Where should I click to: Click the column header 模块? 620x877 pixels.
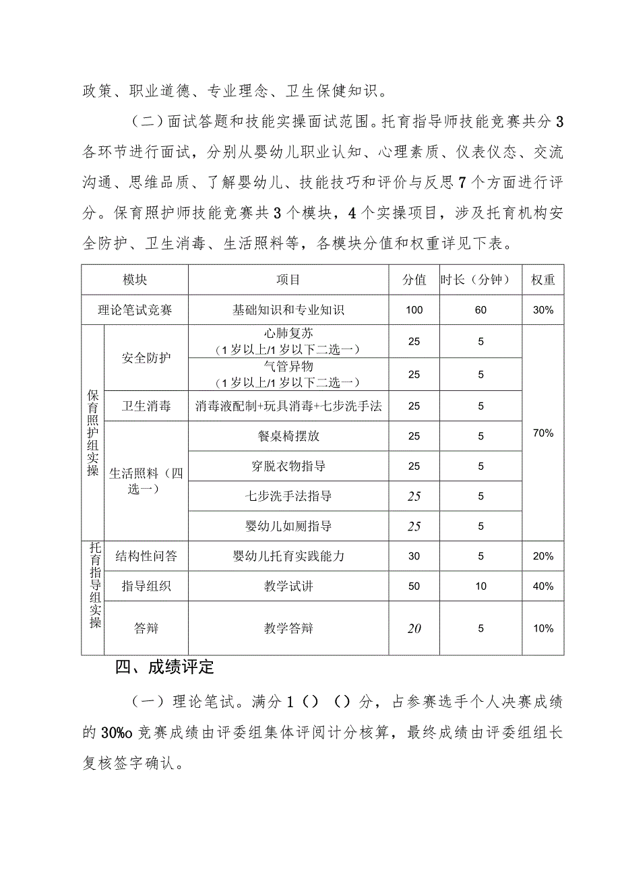click(x=135, y=280)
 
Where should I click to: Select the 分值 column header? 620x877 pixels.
click(x=414, y=280)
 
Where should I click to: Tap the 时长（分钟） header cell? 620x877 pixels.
click(x=480, y=280)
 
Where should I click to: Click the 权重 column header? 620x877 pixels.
click(x=543, y=280)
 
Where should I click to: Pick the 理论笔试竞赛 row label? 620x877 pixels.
click(x=135, y=310)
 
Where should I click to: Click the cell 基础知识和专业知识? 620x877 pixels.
click(x=288, y=310)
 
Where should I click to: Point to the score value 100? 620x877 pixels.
click(x=414, y=310)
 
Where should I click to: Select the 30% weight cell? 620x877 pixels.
click(x=543, y=310)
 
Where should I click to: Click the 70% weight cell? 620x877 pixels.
click(x=543, y=433)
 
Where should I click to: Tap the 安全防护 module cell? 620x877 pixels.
click(x=146, y=357)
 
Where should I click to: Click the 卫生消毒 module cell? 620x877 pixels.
click(x=146, y=406)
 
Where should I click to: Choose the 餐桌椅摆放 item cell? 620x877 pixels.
click(x=288, y=436)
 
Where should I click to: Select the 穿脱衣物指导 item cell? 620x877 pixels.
click(x=288, y=466)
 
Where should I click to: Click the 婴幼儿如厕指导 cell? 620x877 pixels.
click(x=288, y=526)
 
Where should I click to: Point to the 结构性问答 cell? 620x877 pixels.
click(x=146, y=556)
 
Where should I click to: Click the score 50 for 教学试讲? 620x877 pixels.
click(x=414, y=586)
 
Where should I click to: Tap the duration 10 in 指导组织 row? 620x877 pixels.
click(x=480, y=586)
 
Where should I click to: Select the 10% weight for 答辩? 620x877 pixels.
click(x=543, y=628)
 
